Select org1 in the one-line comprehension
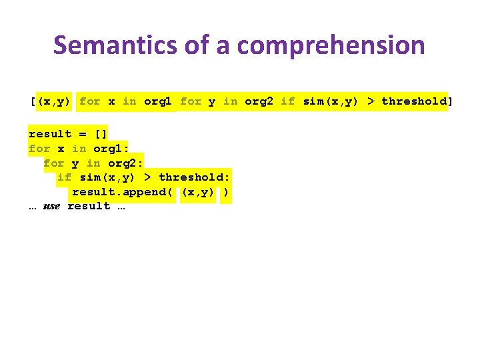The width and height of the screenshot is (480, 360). point(158,101)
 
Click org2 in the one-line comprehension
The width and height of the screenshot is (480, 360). point(259,101)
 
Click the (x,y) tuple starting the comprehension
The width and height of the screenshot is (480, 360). point(54,101)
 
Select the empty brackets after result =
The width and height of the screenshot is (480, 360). point(101,134)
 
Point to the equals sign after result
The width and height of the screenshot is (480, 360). point(83,134)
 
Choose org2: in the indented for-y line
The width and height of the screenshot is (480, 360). point(126,163)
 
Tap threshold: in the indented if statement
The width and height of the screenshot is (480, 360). point(194,177)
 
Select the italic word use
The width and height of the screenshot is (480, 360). point(51,206)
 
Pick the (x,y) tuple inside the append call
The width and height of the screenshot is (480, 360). point(198,192)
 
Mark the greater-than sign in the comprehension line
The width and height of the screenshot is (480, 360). point(371,101)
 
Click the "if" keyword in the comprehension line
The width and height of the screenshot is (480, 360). point(287,101)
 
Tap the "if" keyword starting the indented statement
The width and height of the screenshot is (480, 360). point(65,177)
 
